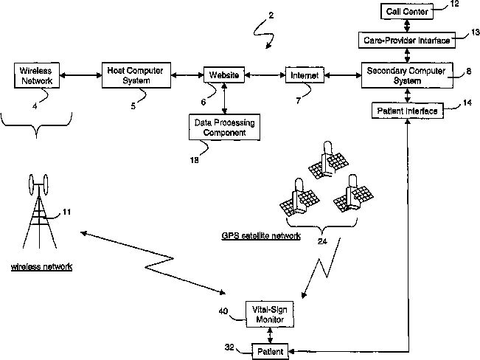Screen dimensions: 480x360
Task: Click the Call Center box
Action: (407, 11)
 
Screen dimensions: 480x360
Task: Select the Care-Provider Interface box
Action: (407, 40)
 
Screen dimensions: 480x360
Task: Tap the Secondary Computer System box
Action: (407, 75)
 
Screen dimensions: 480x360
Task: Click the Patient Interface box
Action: (408, 111)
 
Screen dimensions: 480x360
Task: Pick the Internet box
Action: (305, 75)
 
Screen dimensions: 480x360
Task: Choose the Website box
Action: (224, 75)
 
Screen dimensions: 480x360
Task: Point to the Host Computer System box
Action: (136, 75)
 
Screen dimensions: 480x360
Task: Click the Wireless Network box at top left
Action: (37, 76)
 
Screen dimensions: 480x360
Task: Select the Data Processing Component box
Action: (224, 128)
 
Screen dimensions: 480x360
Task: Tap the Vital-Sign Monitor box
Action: (270, 314)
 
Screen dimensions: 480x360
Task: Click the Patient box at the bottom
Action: (270, 351)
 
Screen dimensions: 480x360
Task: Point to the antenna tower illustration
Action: (39, 212)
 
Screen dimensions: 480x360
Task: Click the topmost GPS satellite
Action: (328, 160)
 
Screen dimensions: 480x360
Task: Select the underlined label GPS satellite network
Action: (261, 236)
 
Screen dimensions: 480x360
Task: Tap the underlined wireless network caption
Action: (41, 266)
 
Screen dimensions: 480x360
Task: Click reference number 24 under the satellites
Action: (322, 241)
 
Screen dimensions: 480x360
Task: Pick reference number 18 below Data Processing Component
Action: (195, 160)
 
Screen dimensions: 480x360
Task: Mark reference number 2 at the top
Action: (271, 15)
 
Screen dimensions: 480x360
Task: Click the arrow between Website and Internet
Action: (265, 75)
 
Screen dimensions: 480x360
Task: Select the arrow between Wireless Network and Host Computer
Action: (81, 75)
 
